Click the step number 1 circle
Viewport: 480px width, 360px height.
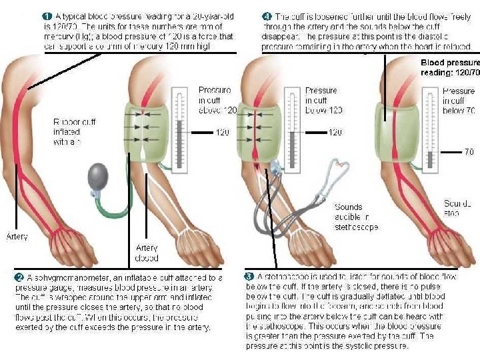(47, 15)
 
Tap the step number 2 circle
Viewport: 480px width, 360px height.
(20, 277)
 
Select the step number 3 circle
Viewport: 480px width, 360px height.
(249, 275)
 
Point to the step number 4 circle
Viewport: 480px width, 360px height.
(267, 15)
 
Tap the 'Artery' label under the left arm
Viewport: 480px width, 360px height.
(17, 236)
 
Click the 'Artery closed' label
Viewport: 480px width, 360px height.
(147, 253)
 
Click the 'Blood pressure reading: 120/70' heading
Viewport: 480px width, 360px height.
(450, 67)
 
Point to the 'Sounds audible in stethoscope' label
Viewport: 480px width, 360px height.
(357, 217)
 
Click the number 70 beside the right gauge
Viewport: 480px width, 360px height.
(469, 151)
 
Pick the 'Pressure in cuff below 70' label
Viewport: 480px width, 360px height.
(459, 101)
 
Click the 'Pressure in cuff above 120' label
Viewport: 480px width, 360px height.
(216, 100)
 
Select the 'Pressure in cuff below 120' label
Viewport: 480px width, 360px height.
(323, 100)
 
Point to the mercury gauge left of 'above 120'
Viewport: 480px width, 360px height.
(179, 127)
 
